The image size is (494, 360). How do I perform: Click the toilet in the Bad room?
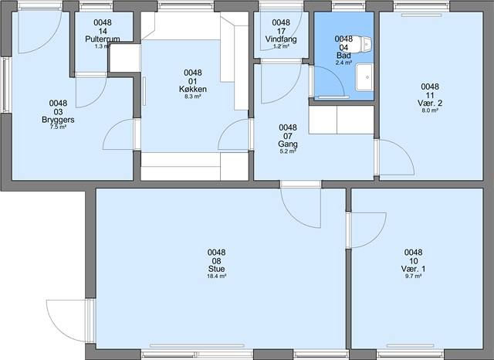(x=361, y=44)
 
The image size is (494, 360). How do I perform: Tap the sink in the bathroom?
(x=364, y=77)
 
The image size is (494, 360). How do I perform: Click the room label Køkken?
(x=193, y=89)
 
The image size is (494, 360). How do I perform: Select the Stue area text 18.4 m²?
(x=216, y=276)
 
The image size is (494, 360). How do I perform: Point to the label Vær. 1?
(x=414, y=269)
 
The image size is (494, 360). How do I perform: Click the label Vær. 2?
(x=430, y=103)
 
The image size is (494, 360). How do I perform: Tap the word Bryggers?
(x=58, y=120)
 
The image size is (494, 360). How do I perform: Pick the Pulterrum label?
(x=103, y=39)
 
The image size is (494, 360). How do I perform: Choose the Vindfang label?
(x=281, y=39)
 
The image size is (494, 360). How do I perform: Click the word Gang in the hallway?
(x=288, y=144)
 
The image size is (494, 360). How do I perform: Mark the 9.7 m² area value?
(x=414, y=276)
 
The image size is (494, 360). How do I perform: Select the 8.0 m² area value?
(x=430, y=110)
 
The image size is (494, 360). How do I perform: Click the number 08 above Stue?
(x=216, y=260)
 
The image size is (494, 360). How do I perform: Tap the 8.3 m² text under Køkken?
(x=193, y=97)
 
